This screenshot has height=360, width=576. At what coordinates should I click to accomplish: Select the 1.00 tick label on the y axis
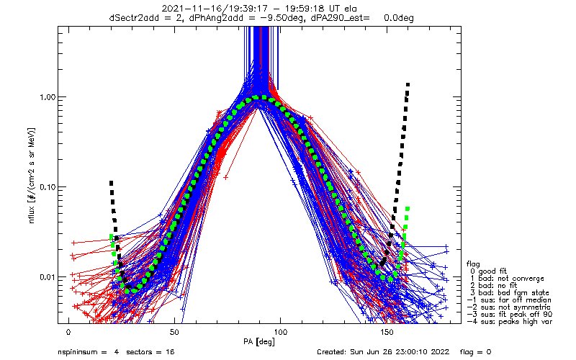pos(42,97)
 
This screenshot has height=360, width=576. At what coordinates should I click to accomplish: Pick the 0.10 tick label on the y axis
pos(42,187)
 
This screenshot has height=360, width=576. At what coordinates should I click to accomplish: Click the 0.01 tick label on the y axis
pos(42,277)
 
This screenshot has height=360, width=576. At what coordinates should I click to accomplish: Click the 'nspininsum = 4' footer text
pos(89,352)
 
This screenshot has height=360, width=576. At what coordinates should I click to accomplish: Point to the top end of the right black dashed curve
pos(408,84)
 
